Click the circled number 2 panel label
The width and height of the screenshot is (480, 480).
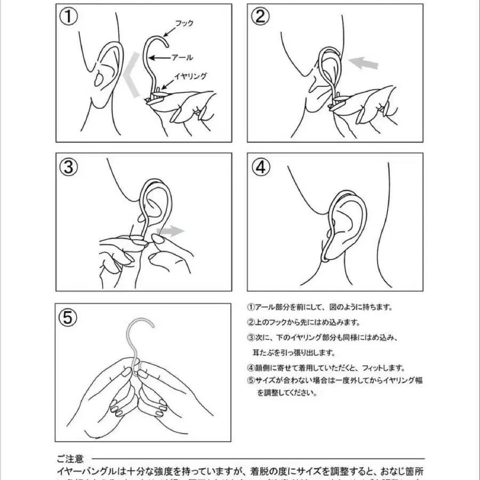click(x=260, y=17)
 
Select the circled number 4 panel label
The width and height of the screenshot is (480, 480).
click(x=260, y=167)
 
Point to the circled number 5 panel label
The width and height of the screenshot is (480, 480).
click(x=68, y=317)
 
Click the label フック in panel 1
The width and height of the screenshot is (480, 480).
click(x=184, y=23)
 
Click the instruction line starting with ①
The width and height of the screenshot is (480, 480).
click(x=320, y=307)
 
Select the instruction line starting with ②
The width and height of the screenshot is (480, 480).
click(x=304, y=323)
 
